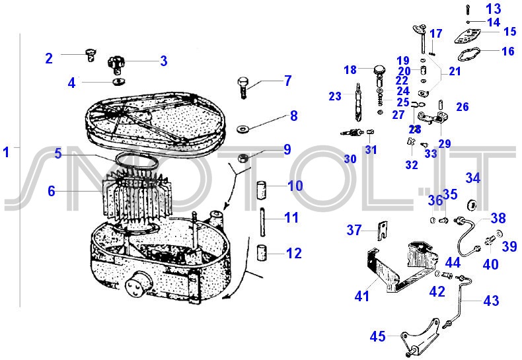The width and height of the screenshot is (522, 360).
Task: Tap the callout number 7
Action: pyautogui.click(x=287, y=81)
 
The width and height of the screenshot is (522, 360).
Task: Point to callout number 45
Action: pyautogui.click(x=377, y=337)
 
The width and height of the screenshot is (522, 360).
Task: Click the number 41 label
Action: pyautogui.click(x=361, y=296)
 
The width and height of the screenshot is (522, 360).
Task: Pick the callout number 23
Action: pyautogui.click(x=334, y=96)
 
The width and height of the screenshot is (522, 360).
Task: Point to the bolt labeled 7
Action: pyautogui.click(x=243, y=87)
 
